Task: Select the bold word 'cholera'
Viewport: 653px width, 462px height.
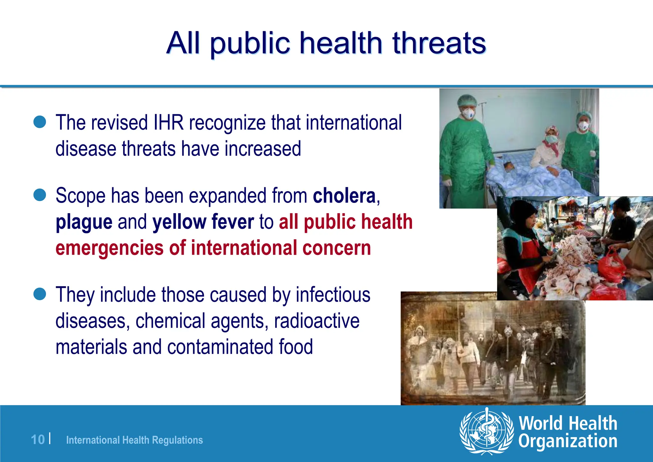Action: pos(344,196)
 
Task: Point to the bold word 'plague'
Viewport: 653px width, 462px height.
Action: pos(84,222)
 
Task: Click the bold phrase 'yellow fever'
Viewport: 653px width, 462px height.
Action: pos(203,222)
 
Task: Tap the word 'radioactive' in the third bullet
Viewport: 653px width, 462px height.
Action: pos(317,321)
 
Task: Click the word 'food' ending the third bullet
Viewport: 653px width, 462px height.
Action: pos(296,347)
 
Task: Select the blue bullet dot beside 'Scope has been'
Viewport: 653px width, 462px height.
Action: pos(40,195)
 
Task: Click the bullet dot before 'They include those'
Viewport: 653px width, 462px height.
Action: pos(40,294)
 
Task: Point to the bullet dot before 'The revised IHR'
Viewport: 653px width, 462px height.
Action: pos(40,122)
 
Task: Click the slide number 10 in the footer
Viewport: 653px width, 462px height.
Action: pos(38,440)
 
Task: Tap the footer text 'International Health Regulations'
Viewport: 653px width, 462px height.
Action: pos(134,440)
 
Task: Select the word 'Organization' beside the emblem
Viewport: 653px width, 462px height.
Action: pos(568,441)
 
